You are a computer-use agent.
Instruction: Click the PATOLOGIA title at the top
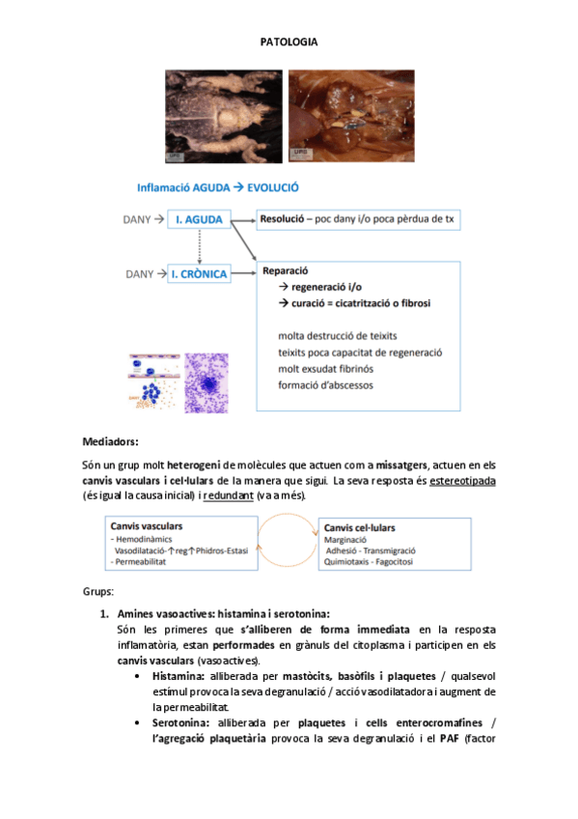tap(289, 42)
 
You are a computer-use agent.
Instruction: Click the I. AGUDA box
tap(199, 220)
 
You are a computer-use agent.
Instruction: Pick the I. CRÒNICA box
tap(199, 274)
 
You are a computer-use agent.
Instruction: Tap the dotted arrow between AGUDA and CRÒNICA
tap(199, 246)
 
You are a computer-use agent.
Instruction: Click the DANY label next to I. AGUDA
tap(139, 220)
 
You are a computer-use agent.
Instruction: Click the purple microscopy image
tap(206, 381)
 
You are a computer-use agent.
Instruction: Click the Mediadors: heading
tap(111, 441)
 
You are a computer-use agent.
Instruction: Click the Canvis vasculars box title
tap(147, 526)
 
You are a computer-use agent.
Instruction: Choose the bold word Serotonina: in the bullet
tap(183, 721)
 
